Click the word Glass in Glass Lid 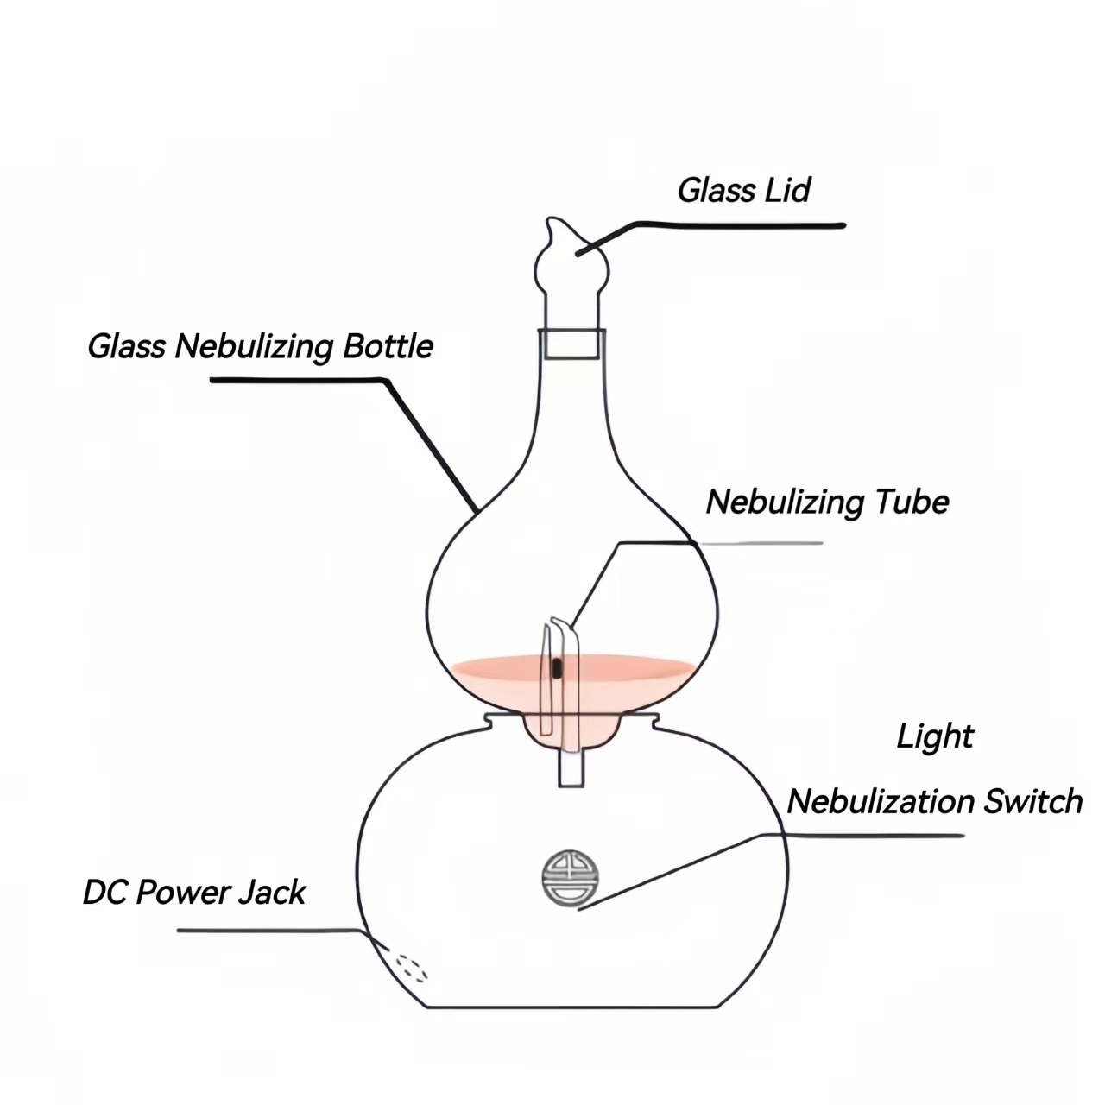coord(713,191)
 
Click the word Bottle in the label coord(388,346)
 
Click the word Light coord(935,737)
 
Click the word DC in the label coord(104,893)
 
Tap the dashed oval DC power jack coord(411,967)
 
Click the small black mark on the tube coord(557,666)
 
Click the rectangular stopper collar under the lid coord(570,344)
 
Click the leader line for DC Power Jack coord(268,931)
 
